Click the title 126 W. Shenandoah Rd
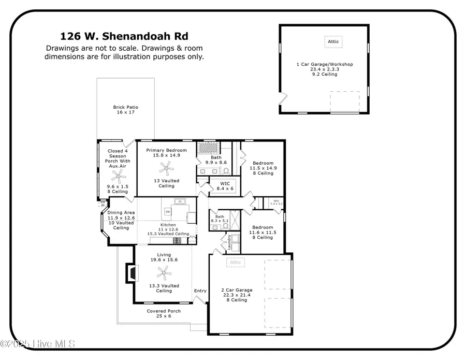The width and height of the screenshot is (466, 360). click(x=124, y=36)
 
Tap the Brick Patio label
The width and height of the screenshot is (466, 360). click(x=126, y=110)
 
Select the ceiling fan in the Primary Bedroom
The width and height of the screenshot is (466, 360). click(x=166, y=167)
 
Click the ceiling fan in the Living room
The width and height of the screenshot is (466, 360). click(x=164, y=271)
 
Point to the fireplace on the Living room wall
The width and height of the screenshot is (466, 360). click(x=130, y=272)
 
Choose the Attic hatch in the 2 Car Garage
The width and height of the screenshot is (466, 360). click(x=236, y=263)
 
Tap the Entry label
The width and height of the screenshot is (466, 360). click(x=200, y=291)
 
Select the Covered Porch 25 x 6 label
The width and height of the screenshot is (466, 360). click(x=164, y=313)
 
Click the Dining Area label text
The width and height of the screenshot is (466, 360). click(x=121, y=213)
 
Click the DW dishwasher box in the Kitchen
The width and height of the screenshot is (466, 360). click(x=168, y=212)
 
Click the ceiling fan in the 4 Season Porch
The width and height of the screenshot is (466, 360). click(x=112, y=174)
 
